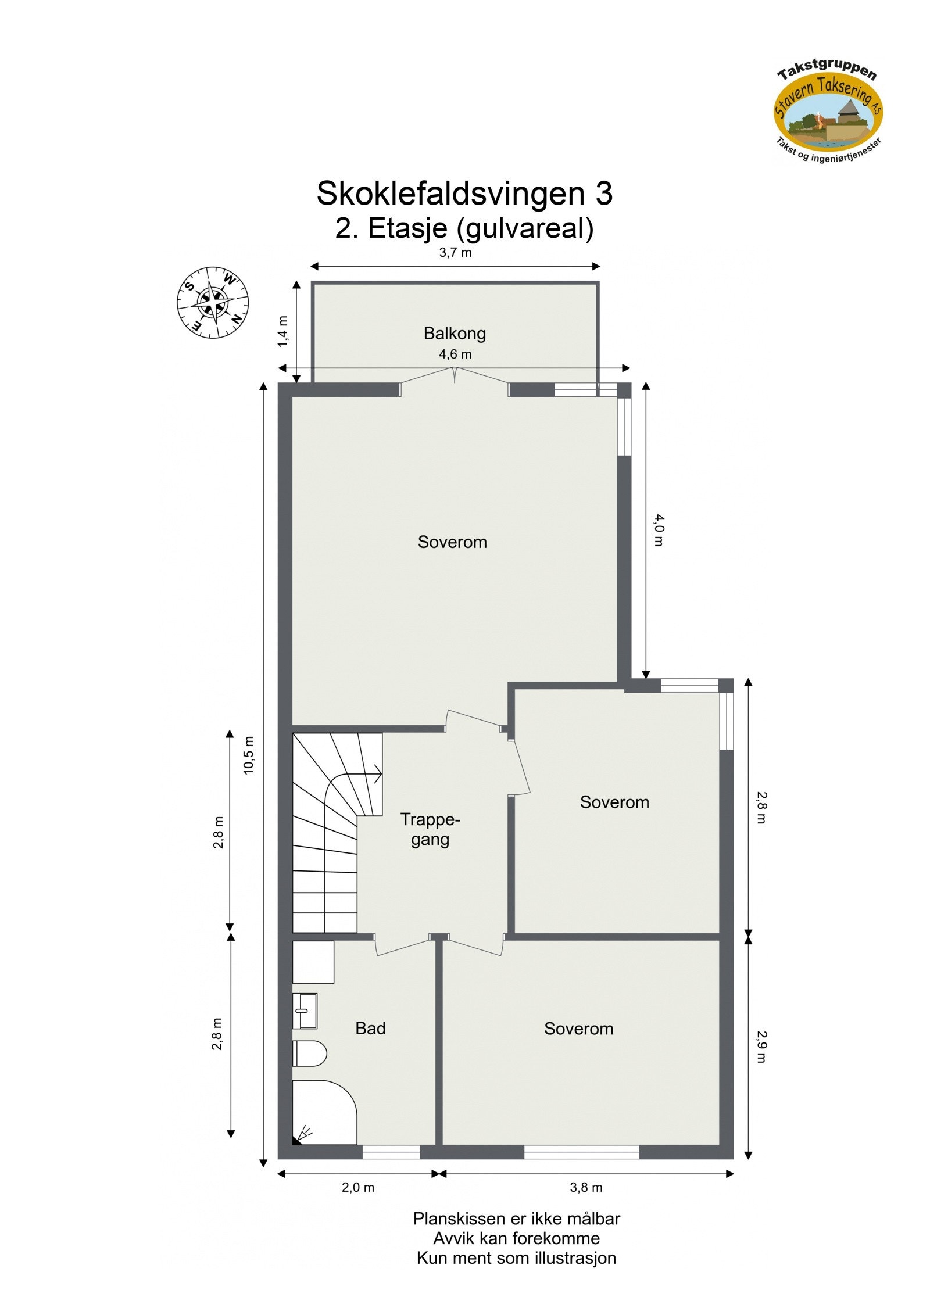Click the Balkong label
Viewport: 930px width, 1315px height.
454,333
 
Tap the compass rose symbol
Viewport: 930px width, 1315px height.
213,302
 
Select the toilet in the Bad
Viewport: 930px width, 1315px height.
309,1053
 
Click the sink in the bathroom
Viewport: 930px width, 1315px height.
304,1011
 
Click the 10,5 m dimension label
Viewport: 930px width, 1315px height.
249,754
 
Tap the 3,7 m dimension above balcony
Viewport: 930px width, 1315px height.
455,252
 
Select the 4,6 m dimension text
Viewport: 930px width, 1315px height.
455,354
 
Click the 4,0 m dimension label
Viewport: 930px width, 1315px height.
658,530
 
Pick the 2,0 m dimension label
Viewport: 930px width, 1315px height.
357,1187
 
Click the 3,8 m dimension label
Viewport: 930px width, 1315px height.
586,1187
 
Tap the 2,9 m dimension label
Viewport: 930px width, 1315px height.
761,1046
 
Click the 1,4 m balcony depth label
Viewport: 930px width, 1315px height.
282,331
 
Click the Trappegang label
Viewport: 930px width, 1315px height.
430,829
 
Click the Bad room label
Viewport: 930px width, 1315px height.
370,1029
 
